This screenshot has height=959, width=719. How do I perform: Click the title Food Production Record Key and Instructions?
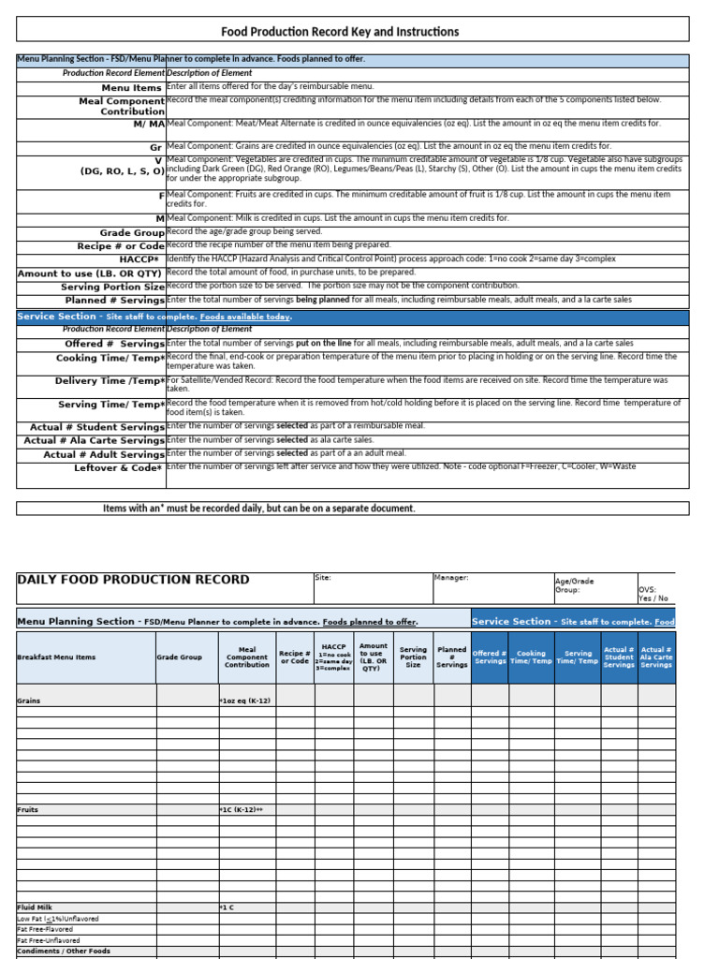pyautogui.click(x=340, y=32)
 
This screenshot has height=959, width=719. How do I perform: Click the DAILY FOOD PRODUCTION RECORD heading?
pyautogui.click(x=134, y=580)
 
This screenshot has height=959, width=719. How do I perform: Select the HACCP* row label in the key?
pyautogui.click(x=141, y=258)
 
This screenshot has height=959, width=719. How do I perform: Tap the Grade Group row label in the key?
pyautogui.click(x=132, y=232)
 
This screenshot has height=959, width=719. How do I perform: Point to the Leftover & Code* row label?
pyautogui.click(x=119, y=467)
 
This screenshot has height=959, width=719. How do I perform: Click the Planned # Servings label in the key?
pyautogui.click(x=114, y=300)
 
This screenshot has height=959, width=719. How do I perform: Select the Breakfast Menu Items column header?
pyautogui.click(x=56, y=657)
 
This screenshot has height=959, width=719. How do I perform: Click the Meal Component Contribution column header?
pyautogui.click(x=247, y=657)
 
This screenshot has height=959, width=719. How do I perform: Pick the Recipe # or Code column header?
pyautogui.click(x=294, y=657)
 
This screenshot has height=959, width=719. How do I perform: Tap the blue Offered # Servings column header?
pyautogui.click(x=490, y=657)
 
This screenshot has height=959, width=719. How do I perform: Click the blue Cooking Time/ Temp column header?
pyautogui.click(x=531, y=657)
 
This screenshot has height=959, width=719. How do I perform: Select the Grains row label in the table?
pyautogui.click(x=29, y=700)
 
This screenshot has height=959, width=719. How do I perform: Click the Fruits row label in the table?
pyautogui.click(x=28, y=809)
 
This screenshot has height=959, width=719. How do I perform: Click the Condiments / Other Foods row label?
pyautogui.click(x=64, y=951)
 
